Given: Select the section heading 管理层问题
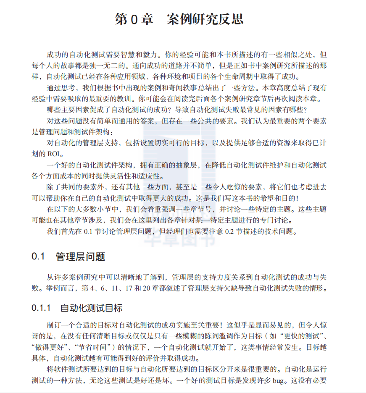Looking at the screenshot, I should [80, 257].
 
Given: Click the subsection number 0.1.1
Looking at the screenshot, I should [41, 308].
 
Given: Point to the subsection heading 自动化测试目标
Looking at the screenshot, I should [91, 308].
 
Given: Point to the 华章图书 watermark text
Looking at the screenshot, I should [179, 238].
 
